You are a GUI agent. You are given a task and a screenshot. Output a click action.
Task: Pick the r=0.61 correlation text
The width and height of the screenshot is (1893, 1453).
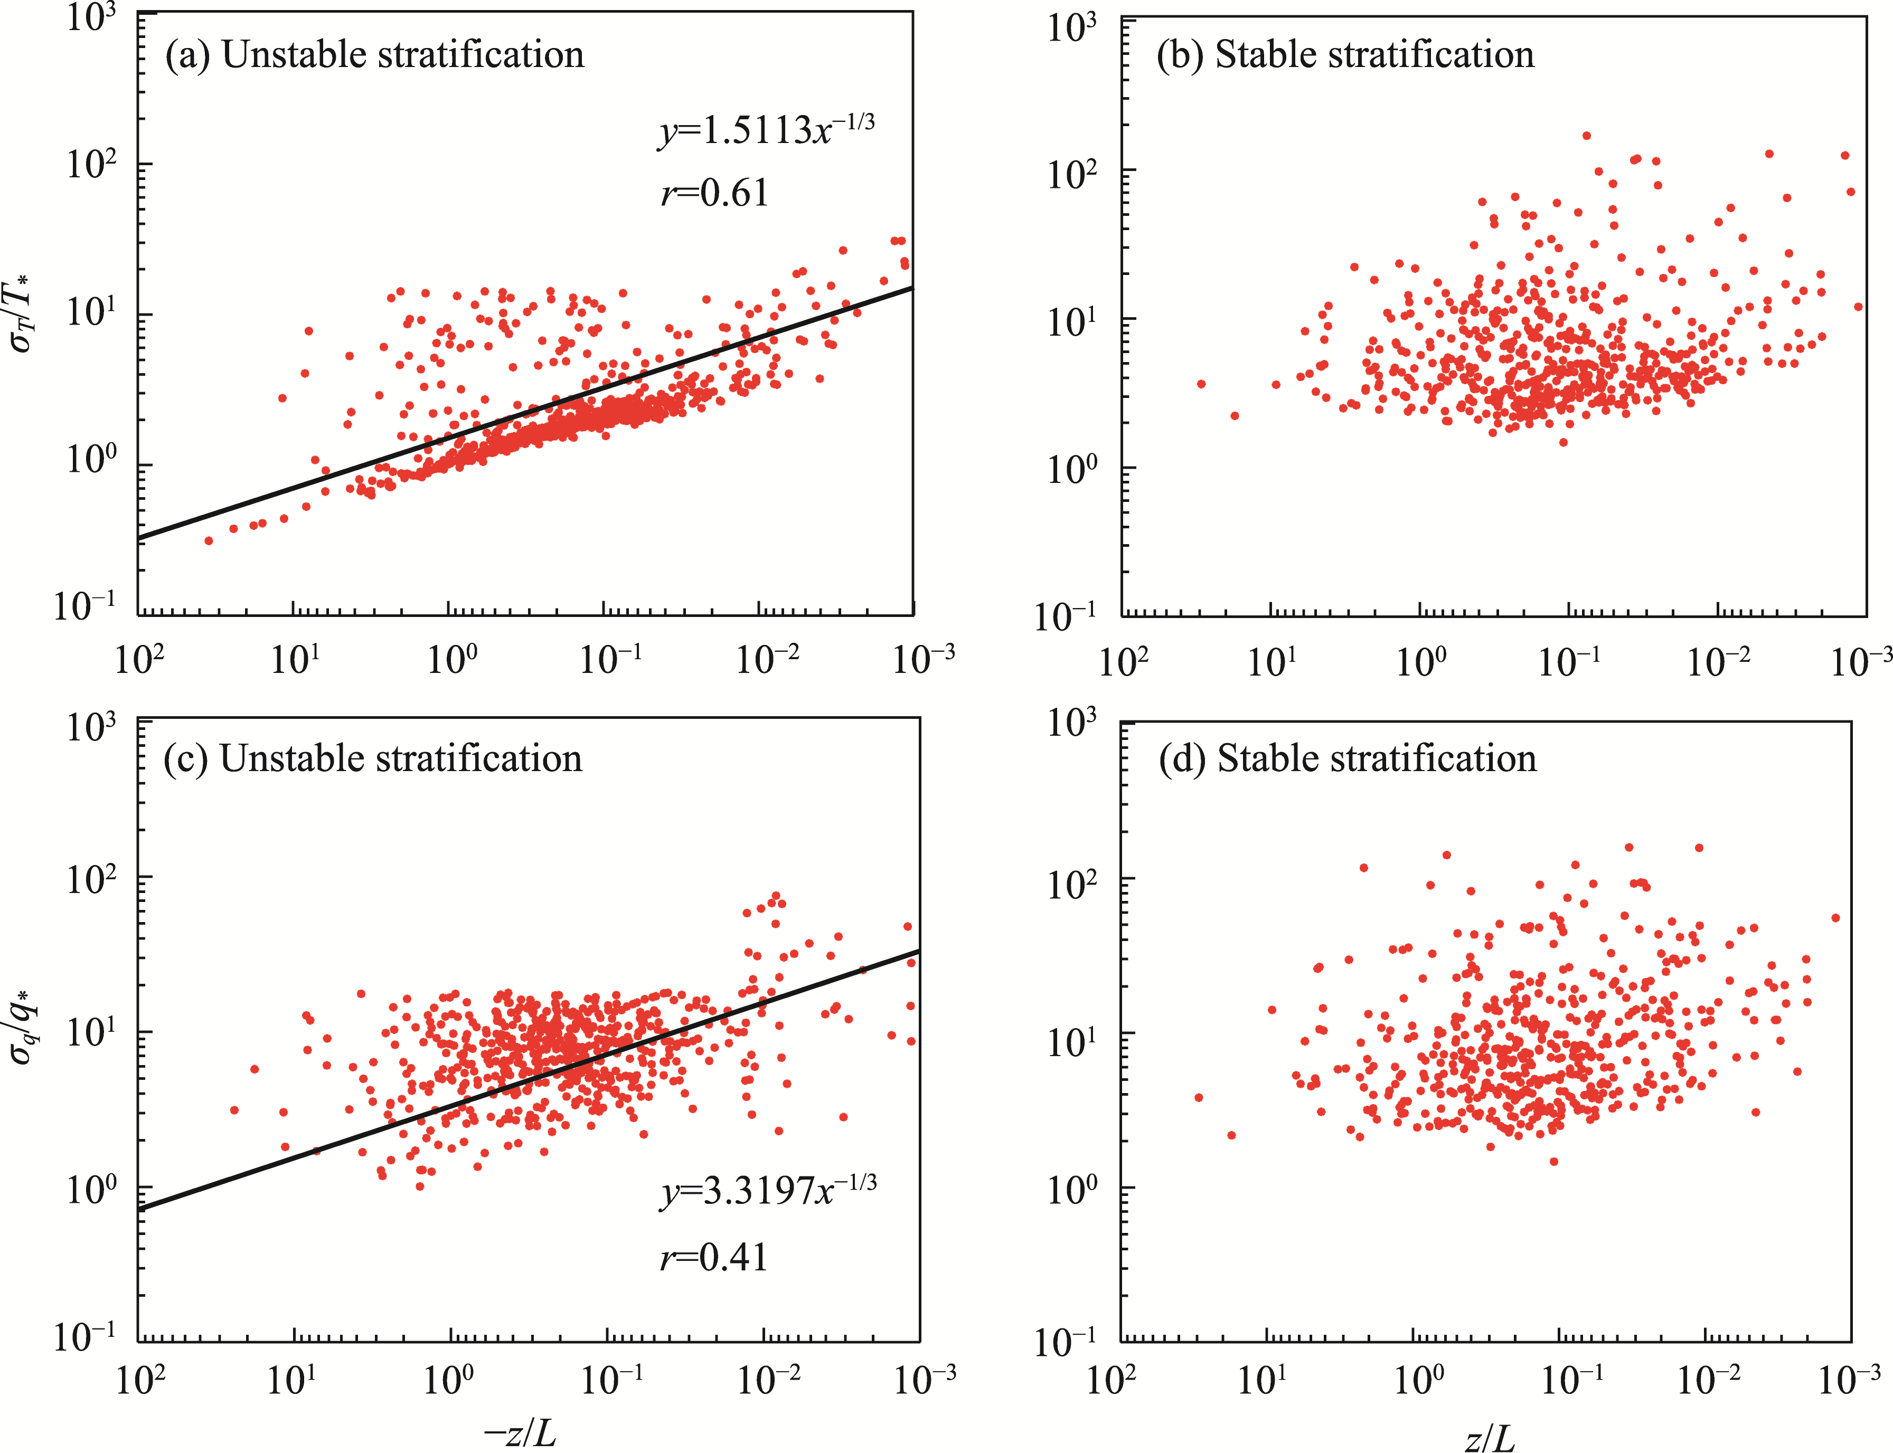click(x=714, y=193)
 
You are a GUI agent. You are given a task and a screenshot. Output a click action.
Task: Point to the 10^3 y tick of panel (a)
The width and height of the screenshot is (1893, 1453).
click(x=91, y=18)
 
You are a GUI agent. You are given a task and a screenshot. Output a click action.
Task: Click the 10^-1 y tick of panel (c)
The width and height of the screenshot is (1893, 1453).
click(x=85, y=1337)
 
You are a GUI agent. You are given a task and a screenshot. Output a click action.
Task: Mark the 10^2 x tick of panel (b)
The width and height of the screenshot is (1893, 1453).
click(x=1123, y=662)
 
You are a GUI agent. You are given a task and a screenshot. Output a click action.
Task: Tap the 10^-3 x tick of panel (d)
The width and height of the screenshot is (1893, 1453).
click(x=1849, y=1380)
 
